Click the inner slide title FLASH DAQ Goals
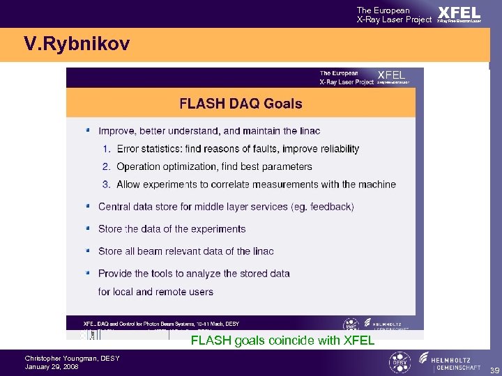tap(241, 104)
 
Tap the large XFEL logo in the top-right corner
tap(459, 13)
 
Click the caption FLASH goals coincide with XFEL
tap(282, 340)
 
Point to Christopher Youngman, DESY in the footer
tap(72, 359)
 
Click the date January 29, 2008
tap(52, 366)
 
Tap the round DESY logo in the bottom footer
tap(400, 363)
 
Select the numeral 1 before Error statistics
tap(106, 148)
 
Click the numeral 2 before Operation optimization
tap(106, 166)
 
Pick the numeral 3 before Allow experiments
tap(106, 185)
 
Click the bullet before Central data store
tap(87, 206)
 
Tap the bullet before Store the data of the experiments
tap(87, 228)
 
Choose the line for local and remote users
tap(155, 292)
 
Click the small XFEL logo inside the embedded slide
tap(390, 75)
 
